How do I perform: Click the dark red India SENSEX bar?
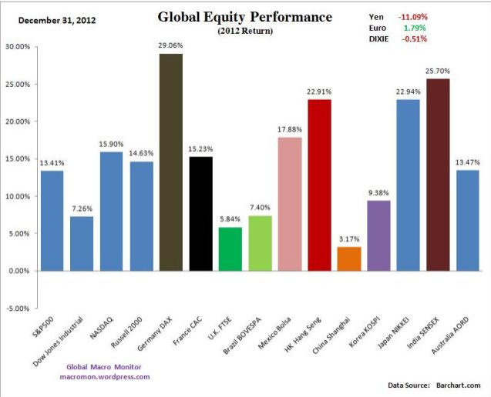(437, 175)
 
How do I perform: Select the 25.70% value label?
(437, 71)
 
